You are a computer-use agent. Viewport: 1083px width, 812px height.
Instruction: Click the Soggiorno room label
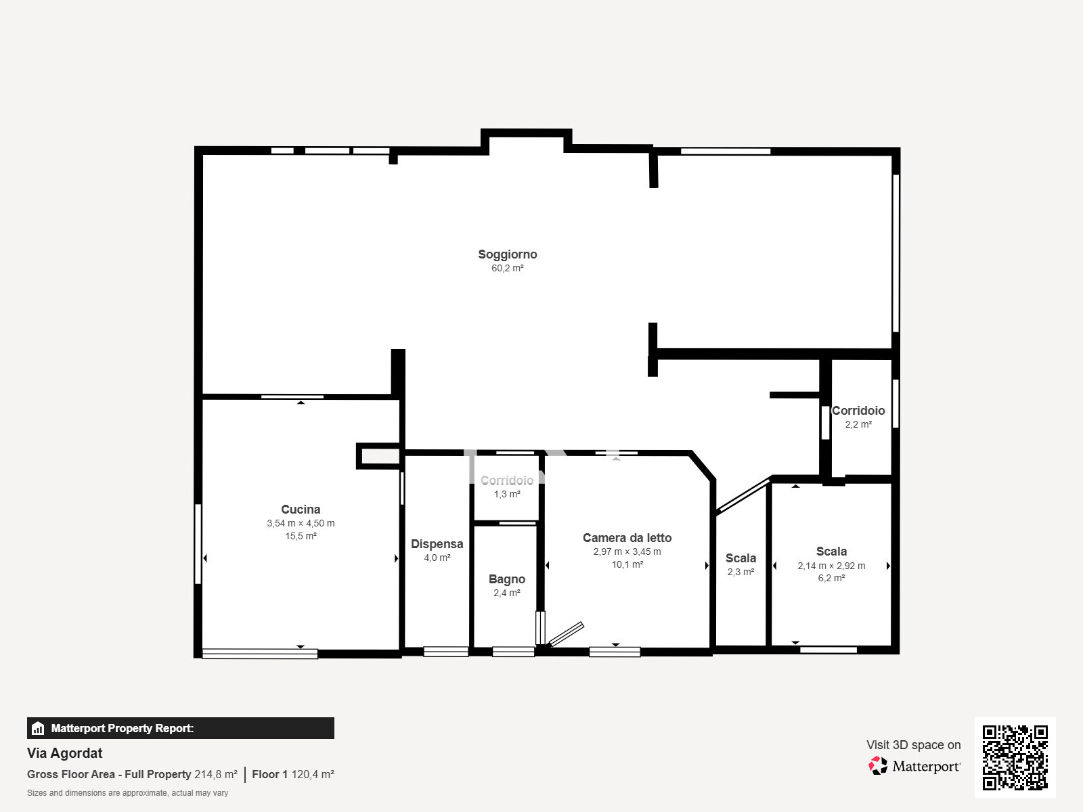pyautogui.click(x=507, y=254)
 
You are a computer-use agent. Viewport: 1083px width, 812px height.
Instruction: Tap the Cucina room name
pyautogui.click(x=301, y=510)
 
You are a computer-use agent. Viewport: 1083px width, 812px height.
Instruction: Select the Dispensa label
pyautogui.click(x=437, y=544)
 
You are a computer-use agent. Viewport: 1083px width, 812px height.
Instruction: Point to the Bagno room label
pyautogui.click(x=507, y=579)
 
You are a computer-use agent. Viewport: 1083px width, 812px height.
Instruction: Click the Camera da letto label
pyautogui.click(x=627, y=537)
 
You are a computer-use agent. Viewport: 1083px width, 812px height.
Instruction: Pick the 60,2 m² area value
pyautogui.click(x=507, y=268)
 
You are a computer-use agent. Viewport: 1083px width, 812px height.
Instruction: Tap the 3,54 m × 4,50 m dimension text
pyautogui.click(x=301, y=523)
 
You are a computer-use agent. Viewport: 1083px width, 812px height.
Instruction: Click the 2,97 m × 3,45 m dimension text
pyautogui.click(x=627, y=551)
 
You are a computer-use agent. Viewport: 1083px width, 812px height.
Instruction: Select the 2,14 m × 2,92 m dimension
pyautogui.click(x=831, y=566)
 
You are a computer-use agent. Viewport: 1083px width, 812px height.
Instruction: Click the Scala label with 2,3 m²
pyautogui.click(x=741, y=558)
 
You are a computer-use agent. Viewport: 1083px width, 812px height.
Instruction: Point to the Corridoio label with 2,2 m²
pyautogui.click(x=858, y=411)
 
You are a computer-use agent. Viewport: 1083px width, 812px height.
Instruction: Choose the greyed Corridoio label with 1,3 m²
pyautogui.click(x=507, y=480)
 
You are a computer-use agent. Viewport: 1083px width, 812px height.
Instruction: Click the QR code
pyautogui.click(x=1015, y=757)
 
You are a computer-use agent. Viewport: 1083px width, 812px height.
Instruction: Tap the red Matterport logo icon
pyautogui.click(x=878, y=766)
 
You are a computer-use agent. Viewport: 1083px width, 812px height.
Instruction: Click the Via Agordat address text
pyautogui.click(x=64, y=753)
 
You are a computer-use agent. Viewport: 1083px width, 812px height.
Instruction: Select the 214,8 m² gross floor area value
pyautogui.click(x=216, y=774)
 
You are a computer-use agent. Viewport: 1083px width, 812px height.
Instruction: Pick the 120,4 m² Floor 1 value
pyautogui.click(x=313, y=774)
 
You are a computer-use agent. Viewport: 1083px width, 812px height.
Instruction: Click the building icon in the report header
pyautogui.click(x=38, y=728)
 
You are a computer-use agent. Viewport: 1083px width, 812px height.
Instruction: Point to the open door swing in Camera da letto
pyautogui.click(x=566, y=635)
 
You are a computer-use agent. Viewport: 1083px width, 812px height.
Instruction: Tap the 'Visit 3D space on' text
pyautogui.click(x=913, y=745)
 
